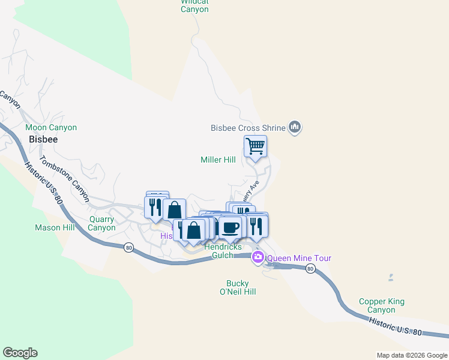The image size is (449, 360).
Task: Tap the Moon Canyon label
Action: [x=51, y=128]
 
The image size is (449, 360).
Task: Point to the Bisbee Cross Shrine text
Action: [x=247, y=128]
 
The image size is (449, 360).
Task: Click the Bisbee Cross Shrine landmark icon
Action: [x=294, y=127]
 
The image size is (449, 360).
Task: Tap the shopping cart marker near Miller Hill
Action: [x=256, y=146]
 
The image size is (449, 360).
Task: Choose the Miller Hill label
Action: [x=218, y=160]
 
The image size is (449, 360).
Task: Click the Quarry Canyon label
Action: [x=101, y=223]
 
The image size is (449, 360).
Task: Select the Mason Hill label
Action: [x=55, y=228]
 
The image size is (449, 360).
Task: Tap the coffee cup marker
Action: [x=231, y=227]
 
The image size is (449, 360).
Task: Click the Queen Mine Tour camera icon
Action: [x=258, y=257]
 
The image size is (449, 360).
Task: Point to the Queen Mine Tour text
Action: [x=299, y=259]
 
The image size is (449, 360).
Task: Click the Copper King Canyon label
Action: [x=381, y=306]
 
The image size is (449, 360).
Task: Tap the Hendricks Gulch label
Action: [x=223, y=251]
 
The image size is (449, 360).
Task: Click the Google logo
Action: [x=20, y=353]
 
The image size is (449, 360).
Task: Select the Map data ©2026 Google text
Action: [x=411, y=355]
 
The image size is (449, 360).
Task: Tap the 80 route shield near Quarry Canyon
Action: [x=128, y=247]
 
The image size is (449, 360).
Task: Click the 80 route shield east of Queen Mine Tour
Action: [x=310, y=269]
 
